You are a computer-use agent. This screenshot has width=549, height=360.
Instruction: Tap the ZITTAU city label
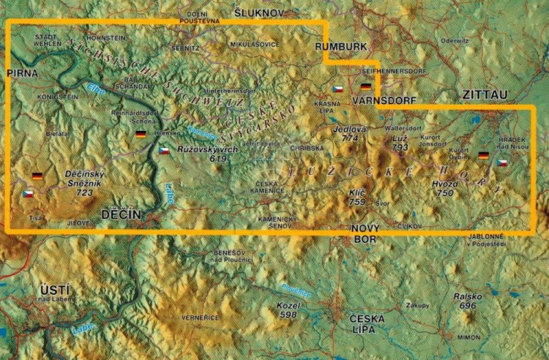pyautogui.click(x=485, y=94)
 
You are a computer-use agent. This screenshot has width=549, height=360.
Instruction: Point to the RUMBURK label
pyautogui.click(x=340, y=47)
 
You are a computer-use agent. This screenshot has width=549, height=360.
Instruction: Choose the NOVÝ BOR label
pyautogui.click(x=364, y=233)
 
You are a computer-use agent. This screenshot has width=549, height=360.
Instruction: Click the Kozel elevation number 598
pyautogui.click(x=288, y=314)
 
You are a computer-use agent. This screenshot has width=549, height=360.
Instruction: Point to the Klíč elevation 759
pyautogui.click(x=356, y=201)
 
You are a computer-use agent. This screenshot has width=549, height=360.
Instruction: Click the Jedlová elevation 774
pyautogui.click(x=349, y=138)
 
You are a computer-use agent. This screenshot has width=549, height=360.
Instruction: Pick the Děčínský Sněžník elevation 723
pyautogui.click(x=84, y=192)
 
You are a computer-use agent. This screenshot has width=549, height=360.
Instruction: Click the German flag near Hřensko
pyautogui.click(x=141, y=135)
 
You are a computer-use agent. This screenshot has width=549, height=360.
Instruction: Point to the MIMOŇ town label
pyautogui.click(x=468, y=338)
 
